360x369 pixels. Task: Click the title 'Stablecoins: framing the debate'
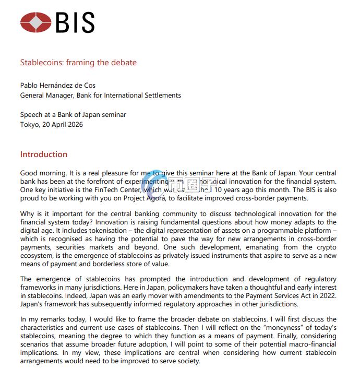pyautogui.click(x=78, y=63)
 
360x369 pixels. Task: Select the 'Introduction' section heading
pyautogui.click(x=44, y=154)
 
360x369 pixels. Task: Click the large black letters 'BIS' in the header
pyautogui.click(x=75, y=22)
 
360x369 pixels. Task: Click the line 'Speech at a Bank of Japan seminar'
pyautogui.click(x=73, y=115)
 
